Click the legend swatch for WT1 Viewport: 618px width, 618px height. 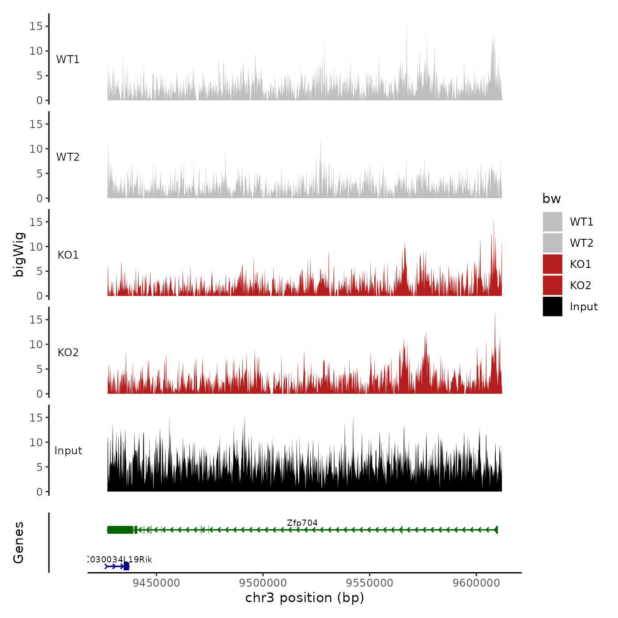tap(552, 222)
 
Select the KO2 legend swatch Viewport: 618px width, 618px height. tap(552, 285)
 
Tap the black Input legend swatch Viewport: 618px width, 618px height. tap(552, 306)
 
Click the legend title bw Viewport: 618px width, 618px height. tap(551, 199)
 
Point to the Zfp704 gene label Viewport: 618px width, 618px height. tap(302, 523)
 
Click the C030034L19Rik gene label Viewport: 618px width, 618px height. tap(119, 559)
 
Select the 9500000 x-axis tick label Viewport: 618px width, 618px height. tap(263, 583)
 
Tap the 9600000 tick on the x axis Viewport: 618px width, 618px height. tap(476, 583)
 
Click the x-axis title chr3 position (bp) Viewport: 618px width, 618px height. tap(305, 598)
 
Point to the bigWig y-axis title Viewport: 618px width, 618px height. tap(19, 254)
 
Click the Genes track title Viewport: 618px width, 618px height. tap(19, 543)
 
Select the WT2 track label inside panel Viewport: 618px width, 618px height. tap(68, 157)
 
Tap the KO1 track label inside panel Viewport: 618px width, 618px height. tap(68, 255)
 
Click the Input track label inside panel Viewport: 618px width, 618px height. tap(68, 451)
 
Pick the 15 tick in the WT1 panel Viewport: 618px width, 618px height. tap(36, 26)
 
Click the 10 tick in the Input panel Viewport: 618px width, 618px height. tap(36, 442)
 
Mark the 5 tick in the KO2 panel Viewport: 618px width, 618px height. tap(39, 369)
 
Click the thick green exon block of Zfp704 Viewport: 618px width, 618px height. tap(120, 530)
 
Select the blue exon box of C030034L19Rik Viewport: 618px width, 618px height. tap(126, 566)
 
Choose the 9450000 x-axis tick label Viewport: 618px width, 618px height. tap(156, 583)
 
